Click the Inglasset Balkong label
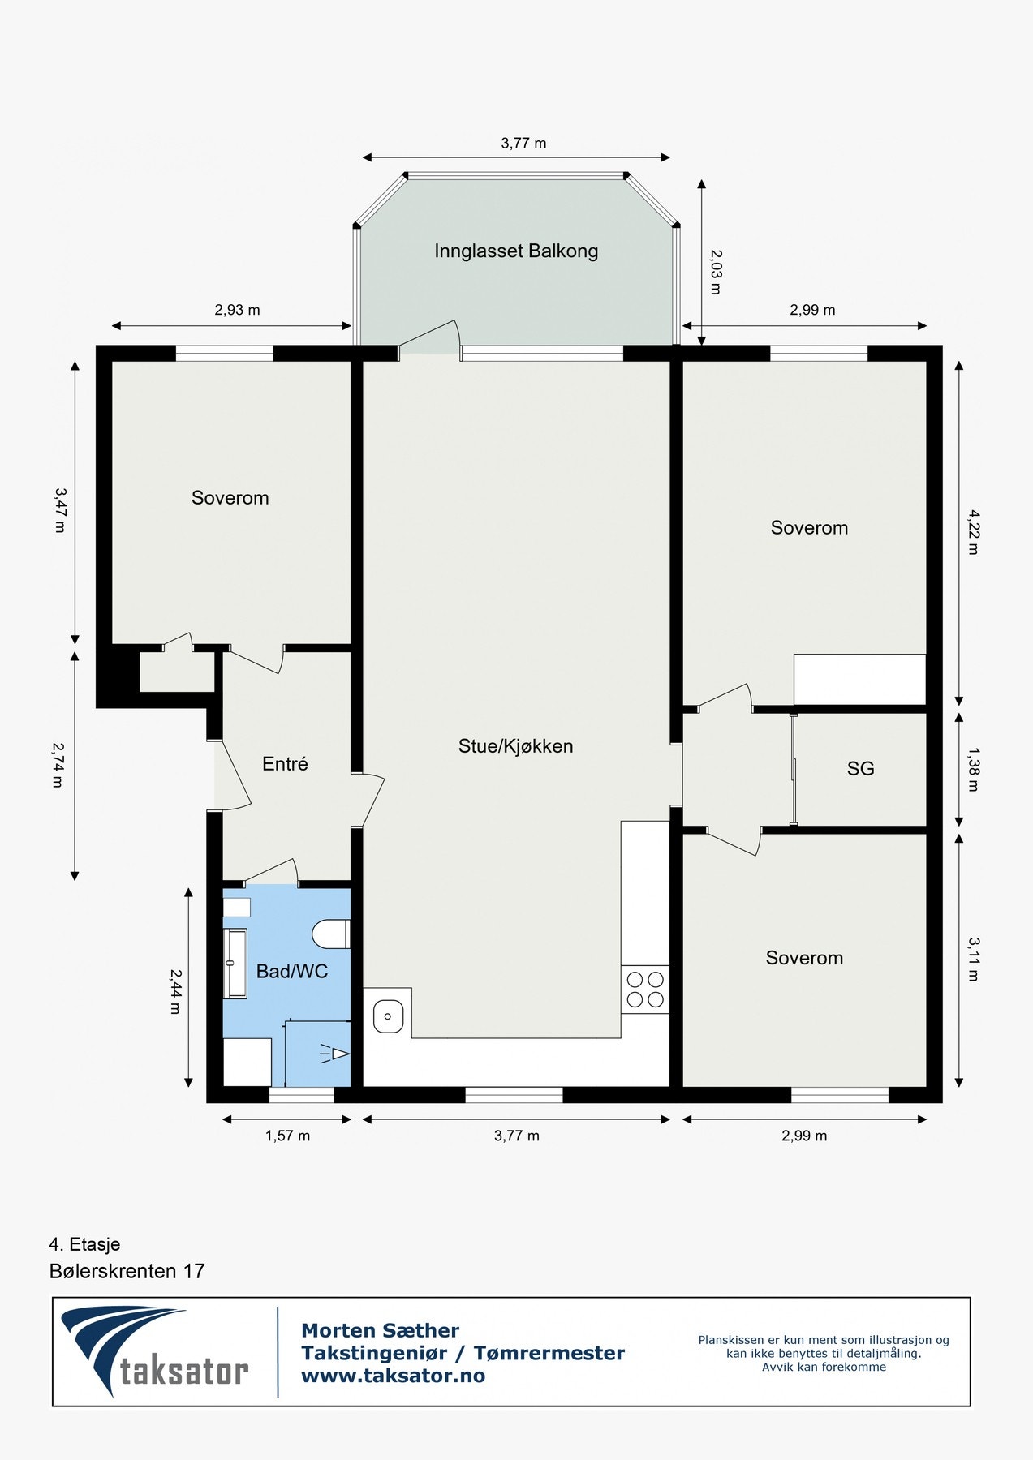(x=516, y=251)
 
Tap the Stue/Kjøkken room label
(x=515, y=746)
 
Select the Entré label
(x=285, y=764)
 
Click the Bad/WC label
(x=291, y=972)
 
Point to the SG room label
(x=860, y=769)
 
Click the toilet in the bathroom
(x=331, y=934)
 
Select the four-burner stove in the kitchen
(x=645, y=990)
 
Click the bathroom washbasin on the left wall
(x=235, y=964)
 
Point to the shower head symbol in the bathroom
(x=335, y=1054)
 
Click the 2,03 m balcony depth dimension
(x=715, y=272)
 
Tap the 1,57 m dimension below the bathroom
(x=287, y=1136)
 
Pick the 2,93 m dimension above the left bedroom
(x=237, y=310)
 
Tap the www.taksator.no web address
(x=393, y=1376)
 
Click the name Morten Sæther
(x=380, y=1331)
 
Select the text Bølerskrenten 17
(x=127, y=1271)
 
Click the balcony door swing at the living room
(x=430, y=338)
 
